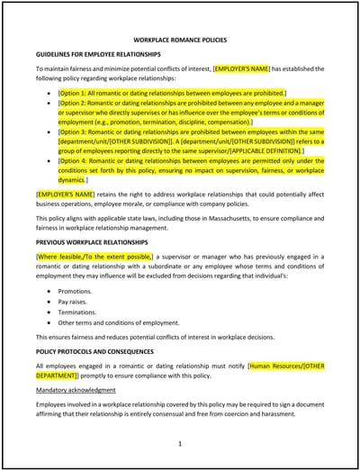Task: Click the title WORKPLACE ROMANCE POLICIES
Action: pos(180,41)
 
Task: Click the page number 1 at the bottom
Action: pos(180,443)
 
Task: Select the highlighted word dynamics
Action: pos(71,180)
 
